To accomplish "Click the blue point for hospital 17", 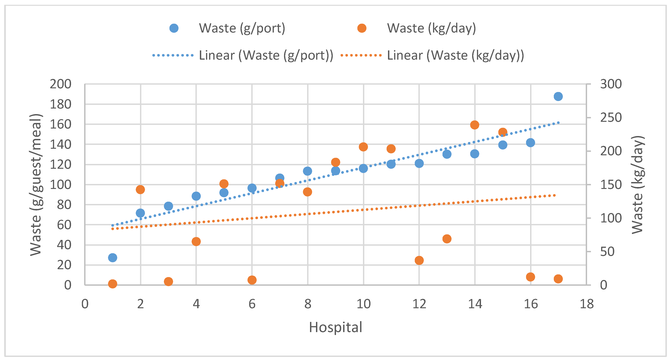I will pos(558,96).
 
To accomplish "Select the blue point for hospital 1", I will pos(112,258).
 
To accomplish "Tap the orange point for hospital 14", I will pos(474,125).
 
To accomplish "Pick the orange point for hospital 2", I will pos(140,190).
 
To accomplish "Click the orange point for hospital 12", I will pos(419,260).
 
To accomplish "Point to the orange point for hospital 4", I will pos(196,242).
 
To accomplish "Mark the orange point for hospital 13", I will pos(447,239).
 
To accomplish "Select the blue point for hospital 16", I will pos(530,143).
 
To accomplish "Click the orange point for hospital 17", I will pos(558,279).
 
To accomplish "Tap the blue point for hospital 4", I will pos(196,196).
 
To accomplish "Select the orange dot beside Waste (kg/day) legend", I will pos(362,28).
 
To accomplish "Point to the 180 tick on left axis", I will pos(60,104).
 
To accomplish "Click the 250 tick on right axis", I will pos(611,118).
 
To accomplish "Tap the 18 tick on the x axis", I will pos(587,304).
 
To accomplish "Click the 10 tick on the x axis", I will pos(363,304).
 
